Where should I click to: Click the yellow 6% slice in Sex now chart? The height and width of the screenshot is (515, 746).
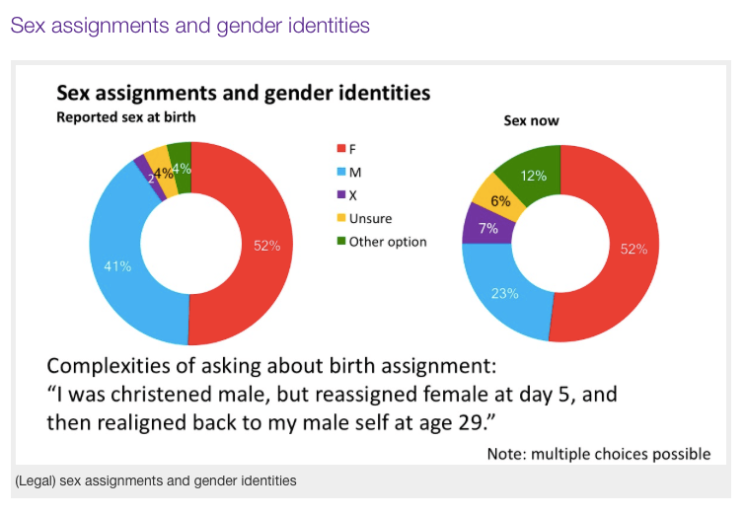pos(499,199)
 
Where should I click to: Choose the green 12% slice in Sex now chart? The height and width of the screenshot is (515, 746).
pos(533,175)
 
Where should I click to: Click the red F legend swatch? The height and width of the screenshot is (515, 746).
pos(340,149)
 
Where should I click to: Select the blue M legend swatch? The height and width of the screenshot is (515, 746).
pos(340,173)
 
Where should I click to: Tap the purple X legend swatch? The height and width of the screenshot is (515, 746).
pos(340,195)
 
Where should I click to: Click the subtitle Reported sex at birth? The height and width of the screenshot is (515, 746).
pos(125,117)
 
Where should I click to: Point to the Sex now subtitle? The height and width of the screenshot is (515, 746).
pos(531,122)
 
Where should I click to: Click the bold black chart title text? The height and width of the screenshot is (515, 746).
pos(243,94)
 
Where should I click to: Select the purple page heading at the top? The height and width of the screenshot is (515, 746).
pos(189,26)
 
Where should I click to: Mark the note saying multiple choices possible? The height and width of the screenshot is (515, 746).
pos(598,454)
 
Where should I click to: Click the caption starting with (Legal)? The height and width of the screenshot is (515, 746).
pos(156,480)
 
